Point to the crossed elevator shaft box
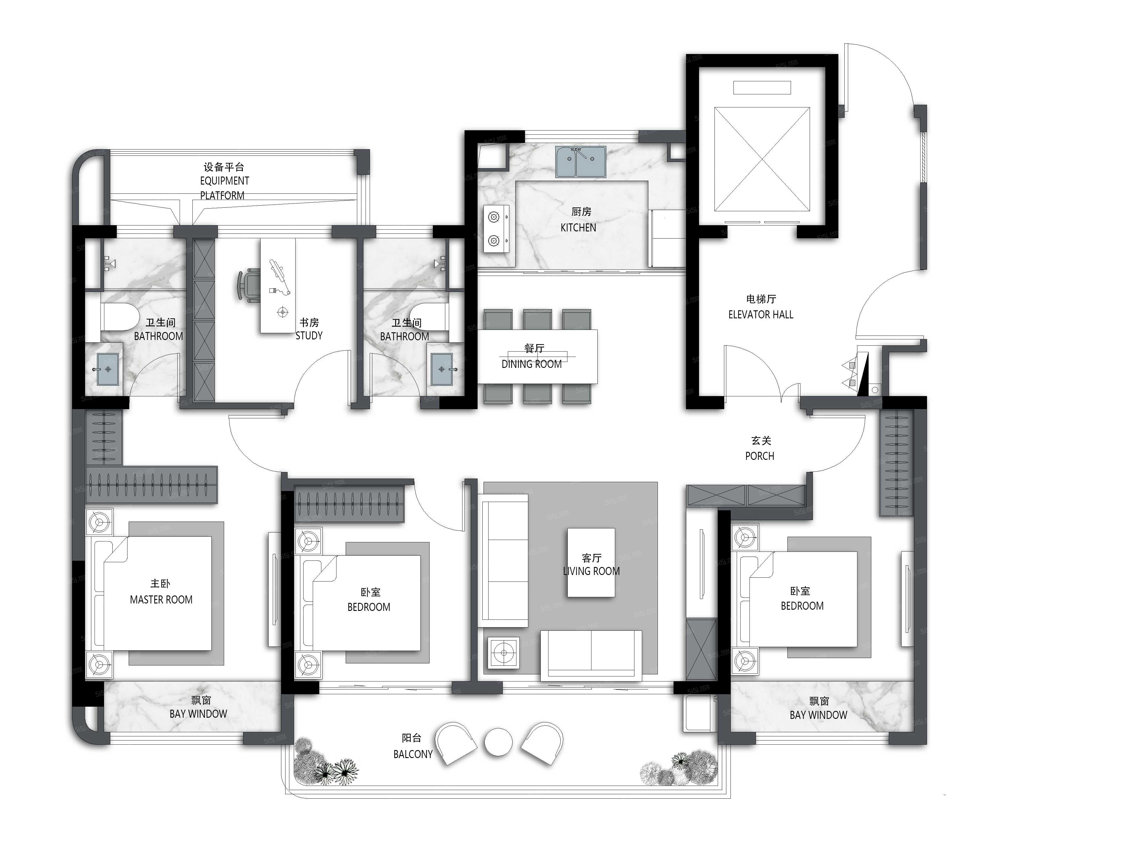(x=762, y=159)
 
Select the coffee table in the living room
(x=591, y=563)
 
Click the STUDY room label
(x=309, y=336)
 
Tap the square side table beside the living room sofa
(x=504, y=653)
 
